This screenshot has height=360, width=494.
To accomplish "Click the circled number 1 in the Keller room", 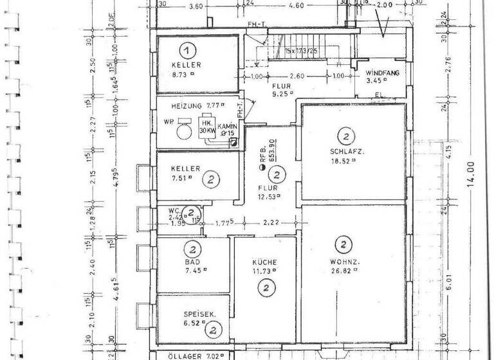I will click(x=187, y=50).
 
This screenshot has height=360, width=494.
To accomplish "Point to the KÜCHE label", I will click(x=264, y=262).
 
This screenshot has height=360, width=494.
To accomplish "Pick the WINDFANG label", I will click(x=383, y=73).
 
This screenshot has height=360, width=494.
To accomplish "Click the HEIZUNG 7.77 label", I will click(x=196, y=105).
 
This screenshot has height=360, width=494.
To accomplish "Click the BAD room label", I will click(x=191, y=263).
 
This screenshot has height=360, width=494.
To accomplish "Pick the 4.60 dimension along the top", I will click(x=296, y=6).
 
